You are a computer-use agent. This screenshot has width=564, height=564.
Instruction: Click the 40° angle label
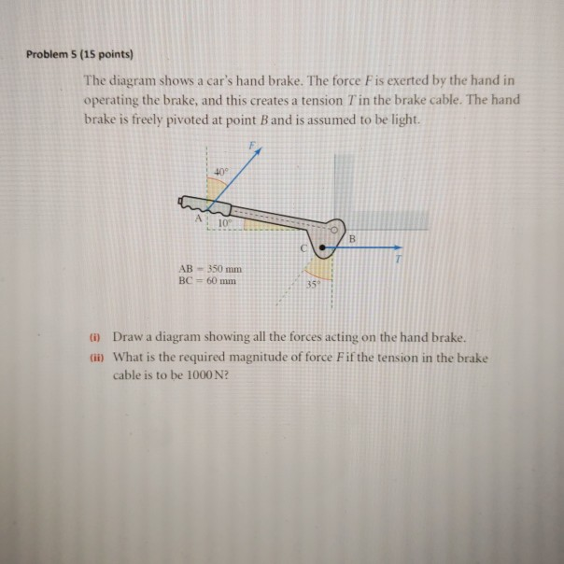pos(219,171)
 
